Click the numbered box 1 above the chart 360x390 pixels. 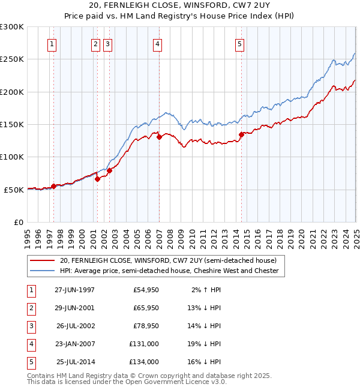coord(52,44)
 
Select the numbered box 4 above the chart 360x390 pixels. coord(157,44)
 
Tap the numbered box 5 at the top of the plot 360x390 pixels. coord(239,44)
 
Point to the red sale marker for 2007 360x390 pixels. coord(159,137)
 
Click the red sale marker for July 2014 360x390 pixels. coord(241,135)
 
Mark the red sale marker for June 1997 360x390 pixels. coord(54,186)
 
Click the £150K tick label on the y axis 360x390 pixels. coord(12,124)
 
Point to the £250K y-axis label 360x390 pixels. coord(12,59)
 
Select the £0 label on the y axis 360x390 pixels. coord(18,222)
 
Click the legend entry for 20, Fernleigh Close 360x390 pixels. coord(168,261)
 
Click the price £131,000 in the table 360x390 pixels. coord(144,344)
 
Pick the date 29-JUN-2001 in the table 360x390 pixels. coord(74,308)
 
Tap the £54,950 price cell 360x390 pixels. coord(146,290)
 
